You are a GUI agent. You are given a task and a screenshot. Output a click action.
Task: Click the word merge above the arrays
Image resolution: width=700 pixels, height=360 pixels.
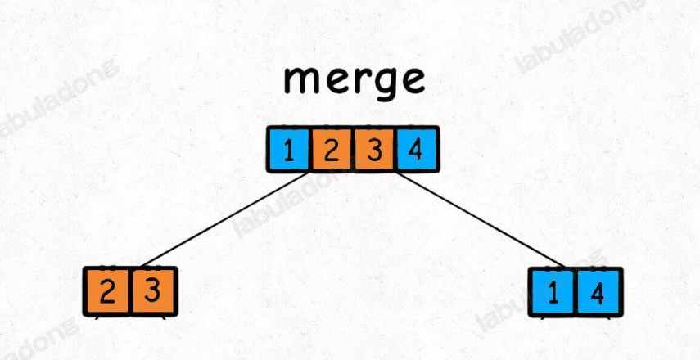point(355,79)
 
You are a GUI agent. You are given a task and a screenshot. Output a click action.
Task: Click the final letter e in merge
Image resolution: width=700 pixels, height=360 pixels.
point(411,79)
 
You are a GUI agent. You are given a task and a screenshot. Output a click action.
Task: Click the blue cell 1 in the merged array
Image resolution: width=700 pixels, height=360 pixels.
point(288,150)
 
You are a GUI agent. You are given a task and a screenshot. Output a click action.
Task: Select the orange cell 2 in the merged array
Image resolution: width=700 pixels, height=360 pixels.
point(331,150)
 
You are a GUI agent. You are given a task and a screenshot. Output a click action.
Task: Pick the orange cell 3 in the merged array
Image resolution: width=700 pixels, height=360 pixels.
point(373,150)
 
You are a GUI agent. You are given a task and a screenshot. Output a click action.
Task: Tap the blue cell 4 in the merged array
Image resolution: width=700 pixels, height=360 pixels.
point(416,150)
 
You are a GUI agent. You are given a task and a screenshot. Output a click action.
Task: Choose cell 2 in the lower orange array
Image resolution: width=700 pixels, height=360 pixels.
point(107,292)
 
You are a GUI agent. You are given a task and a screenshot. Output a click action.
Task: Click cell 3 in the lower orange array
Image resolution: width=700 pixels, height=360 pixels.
point(153,292)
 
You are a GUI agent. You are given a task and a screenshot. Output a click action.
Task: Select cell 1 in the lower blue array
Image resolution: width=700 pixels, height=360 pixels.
point(553,292)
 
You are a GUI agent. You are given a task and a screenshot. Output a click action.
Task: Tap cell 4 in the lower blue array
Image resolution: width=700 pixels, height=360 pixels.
point(598,292)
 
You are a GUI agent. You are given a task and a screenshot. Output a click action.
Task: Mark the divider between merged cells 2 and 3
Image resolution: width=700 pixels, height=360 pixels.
point(352,150)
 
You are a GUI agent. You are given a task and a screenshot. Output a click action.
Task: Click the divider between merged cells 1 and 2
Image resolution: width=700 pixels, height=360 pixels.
point(309,150)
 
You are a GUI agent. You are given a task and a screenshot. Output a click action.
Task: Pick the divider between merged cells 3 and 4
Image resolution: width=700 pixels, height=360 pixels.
point(395,150)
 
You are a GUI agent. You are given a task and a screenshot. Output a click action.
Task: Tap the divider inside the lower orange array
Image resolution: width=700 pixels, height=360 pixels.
point(130,292)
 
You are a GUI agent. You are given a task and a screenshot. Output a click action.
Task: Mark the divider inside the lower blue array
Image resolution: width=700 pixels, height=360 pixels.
point(576,292)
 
